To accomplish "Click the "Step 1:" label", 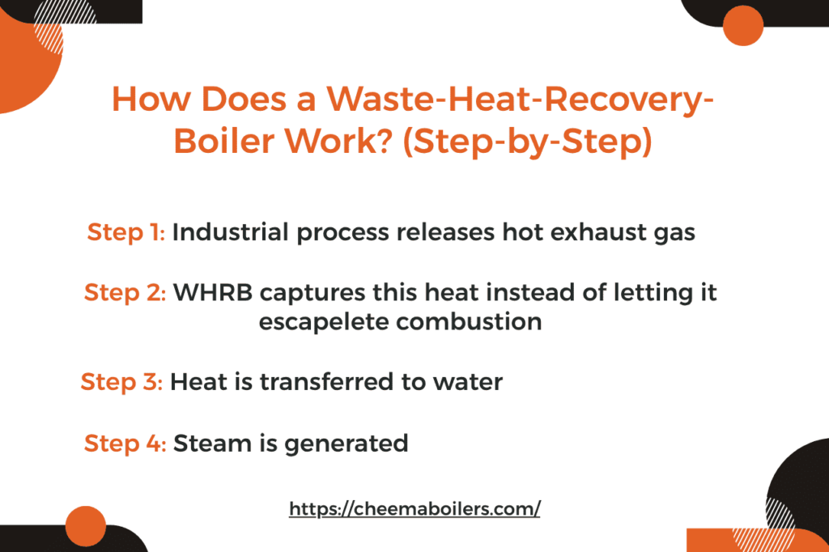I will pyautogui.click(x=126, y=232).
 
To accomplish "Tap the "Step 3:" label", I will pyautogui.click(x=122, y=381).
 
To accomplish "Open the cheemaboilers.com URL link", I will pyautogui.click(x=414, y=509).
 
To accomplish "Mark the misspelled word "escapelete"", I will pyautogui.click(x=323, y=321).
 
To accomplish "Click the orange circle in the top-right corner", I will pyautogui.click(x=742, y=24).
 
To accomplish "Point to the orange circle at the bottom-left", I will pyautogui.click(x=86, y=526).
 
